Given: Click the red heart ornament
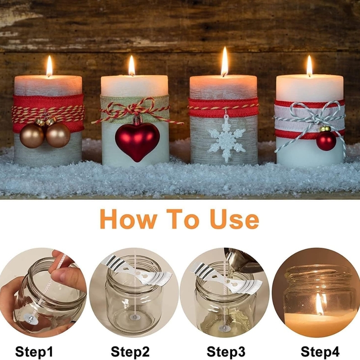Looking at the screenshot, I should [137, 139].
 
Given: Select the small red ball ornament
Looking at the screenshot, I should [326, 140].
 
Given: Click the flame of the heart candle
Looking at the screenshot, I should [131, 67].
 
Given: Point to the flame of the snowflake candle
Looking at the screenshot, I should [224, 63].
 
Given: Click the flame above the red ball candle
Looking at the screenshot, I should [309, 67].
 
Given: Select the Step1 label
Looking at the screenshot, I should [34, 351].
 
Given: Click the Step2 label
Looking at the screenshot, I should [130, 351].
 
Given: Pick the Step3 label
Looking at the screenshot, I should [226, 351].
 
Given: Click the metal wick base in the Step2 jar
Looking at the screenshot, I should [134, 317].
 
